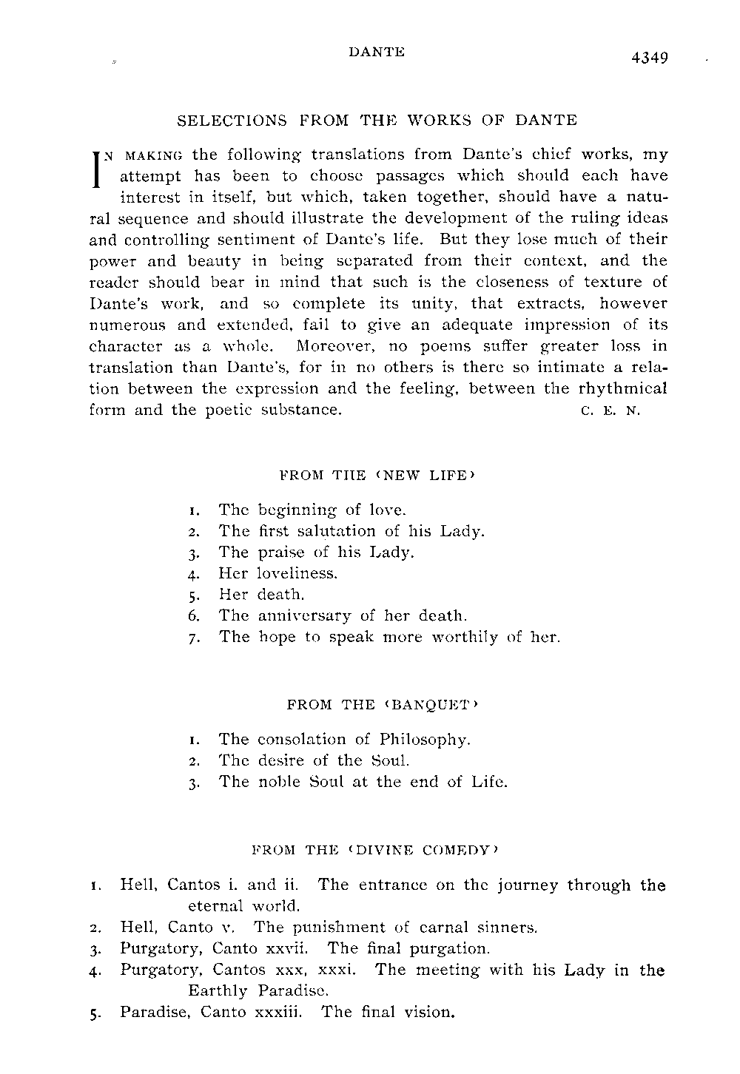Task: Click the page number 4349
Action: tap(650, 58)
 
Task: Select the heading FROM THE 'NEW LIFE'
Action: tap(376, 475)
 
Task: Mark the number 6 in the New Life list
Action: tap(191, 615)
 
